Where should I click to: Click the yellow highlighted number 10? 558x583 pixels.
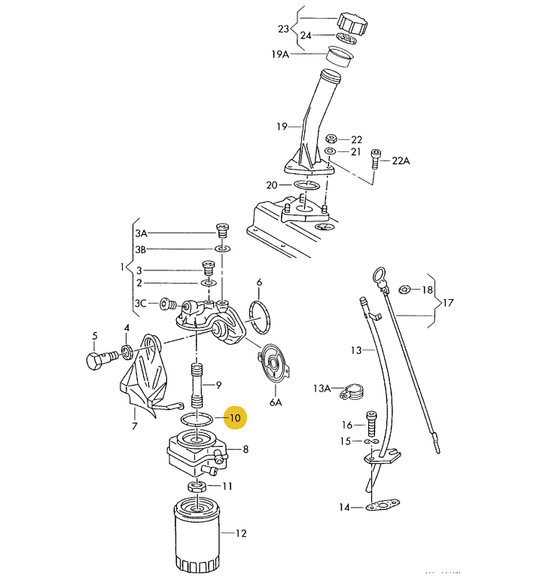pyautogui.click(x=235, y=418)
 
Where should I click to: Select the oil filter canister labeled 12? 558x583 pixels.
pyautogui.click(x=197, y=536)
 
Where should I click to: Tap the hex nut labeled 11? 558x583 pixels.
pyautogui.click(x=196, y=486)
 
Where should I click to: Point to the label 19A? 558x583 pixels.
pyautogui.click(x=280, y=55)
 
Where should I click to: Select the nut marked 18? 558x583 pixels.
pyautogui.click(x=404, y=288)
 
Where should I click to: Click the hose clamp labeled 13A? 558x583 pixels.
pyautogui.click(x=352, y=392)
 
